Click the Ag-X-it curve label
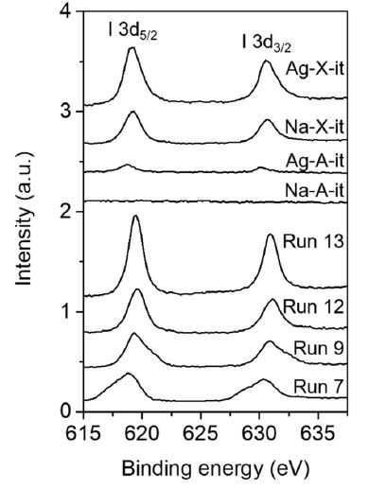(314, 70)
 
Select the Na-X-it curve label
(314, 128)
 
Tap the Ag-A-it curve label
(314, 161)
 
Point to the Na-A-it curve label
(314, 191)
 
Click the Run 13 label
(313, 242)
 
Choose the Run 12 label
(313, 306)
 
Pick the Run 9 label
(319, 349)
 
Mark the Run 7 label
(318, 387)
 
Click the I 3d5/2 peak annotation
(132, 32)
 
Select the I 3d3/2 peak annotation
(267, 44)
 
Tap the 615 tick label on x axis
(83, 434)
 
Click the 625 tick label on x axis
(201, 434)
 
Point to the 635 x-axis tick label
(318, 434)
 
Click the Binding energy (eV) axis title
(216, 469)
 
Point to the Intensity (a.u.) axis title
(24, 218)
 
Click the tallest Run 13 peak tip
(136, 216)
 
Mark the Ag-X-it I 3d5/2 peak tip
(132, 47)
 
